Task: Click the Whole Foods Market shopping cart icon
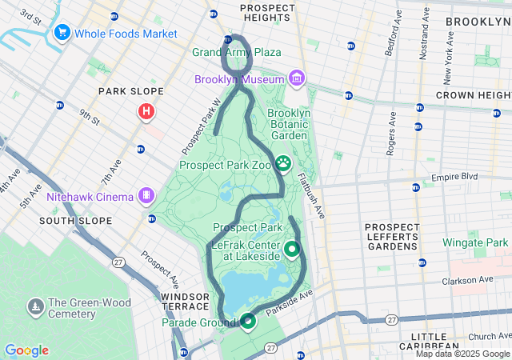(x=62, y=33)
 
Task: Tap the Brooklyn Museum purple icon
(x=297, y=78)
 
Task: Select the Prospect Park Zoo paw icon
(x=284, y=165)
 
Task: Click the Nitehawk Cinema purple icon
(x=146, y=194)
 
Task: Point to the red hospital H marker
(x=146, y=112)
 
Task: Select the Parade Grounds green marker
(x=247, y=322)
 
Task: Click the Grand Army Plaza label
(x=237, y=52)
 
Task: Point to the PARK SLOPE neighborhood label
(x=130, y=91)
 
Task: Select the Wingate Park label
(x=478, y=242)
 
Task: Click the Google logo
(x=26, y=350)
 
